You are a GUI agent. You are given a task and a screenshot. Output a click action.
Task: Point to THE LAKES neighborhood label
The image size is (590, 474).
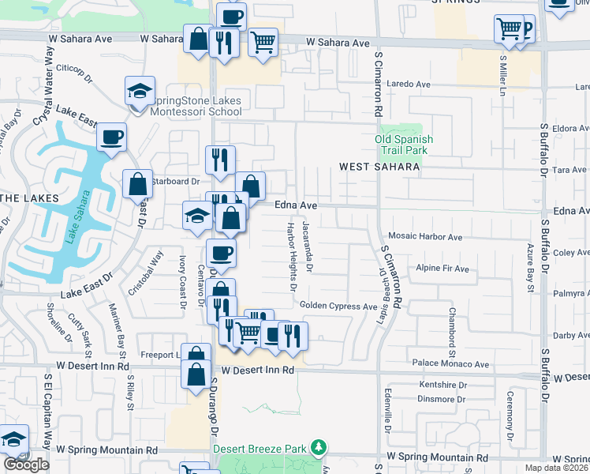29,197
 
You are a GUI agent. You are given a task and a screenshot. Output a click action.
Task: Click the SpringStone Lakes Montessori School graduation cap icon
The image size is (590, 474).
140,91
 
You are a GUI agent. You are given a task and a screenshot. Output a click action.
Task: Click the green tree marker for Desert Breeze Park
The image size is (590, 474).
318,448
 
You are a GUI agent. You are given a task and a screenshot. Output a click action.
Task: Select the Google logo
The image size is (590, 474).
26,465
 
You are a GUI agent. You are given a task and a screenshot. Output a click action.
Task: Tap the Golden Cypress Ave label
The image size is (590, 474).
338,306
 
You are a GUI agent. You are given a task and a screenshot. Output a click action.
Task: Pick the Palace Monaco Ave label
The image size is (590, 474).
452,364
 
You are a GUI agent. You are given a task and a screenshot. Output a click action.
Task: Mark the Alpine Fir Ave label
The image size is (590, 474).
442,269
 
